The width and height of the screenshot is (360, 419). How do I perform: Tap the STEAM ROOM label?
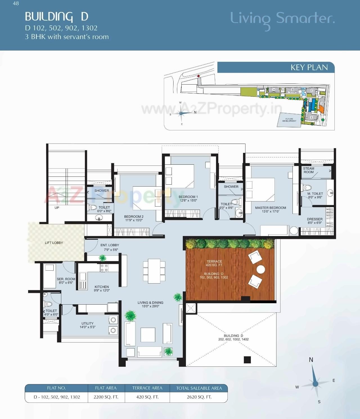point(309,170)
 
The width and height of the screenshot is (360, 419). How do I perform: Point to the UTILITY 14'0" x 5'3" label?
point(87,325)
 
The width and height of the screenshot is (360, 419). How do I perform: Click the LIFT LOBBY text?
point(54,243)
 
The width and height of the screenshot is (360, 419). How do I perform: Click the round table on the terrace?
point(261,269)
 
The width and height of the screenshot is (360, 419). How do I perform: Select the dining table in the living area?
point(154,271)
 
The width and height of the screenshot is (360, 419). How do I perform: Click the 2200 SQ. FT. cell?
point(106,397)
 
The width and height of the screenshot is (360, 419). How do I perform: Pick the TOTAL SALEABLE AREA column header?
point(199,388)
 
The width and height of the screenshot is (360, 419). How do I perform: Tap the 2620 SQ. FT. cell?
point(199,397)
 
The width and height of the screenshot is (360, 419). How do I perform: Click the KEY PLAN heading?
point(309,67)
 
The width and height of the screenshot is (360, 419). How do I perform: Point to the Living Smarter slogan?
point(282,19)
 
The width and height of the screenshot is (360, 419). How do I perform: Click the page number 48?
point(16,3)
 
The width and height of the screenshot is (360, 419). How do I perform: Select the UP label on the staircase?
point(57,208)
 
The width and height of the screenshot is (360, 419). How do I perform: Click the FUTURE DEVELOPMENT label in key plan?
point(289,120)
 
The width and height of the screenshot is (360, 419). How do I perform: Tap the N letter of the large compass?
point(311,360)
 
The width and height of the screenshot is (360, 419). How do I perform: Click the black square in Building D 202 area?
point(247,360)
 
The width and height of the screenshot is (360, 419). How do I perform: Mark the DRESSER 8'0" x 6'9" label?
point(314,221)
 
